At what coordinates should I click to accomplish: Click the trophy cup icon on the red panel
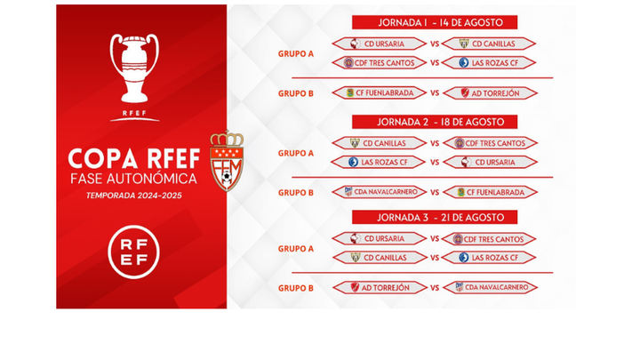click(x=135, y=70)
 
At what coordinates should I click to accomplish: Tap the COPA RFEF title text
click(x=134, y=157)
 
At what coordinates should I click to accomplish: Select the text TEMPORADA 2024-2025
click(x=135, y=194)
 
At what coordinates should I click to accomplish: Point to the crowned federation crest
click(x=226, y=163)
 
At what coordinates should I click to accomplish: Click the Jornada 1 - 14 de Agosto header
click(x=434, y=22)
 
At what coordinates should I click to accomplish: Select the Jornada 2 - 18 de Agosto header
click(x=434, y=122)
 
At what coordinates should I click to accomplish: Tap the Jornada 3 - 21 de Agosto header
click(x=434, y=217)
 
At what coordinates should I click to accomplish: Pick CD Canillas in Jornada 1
click(x=490, y=44)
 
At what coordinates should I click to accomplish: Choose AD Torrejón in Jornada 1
click(x=490, y=92)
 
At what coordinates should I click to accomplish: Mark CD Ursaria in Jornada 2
click(x=490, y=162)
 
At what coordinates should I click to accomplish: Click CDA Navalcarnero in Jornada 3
click(x=490, y=287)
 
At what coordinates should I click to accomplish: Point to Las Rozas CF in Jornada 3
click(x=490, y=258)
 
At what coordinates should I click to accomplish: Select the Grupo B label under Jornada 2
click(x=295, y=192)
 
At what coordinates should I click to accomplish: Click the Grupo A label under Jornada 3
click(x=295, y=249)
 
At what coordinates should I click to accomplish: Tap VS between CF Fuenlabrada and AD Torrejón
click(x=435, y=92)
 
